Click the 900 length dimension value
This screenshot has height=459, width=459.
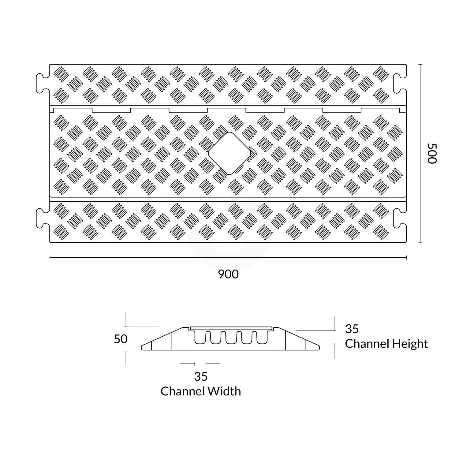228,274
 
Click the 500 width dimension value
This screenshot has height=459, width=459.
432,153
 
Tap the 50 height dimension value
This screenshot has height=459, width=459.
121,339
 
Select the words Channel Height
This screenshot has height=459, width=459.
386,344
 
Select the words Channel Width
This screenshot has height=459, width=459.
201,391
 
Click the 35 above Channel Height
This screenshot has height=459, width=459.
352,329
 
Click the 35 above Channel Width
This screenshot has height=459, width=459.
201,376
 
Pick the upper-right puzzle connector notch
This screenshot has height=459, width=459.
400,83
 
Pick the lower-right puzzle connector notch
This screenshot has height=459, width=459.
400,218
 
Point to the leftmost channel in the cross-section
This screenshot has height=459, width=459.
200,338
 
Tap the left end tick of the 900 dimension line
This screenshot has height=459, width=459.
50,258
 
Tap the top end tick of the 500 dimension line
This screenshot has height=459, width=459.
420,64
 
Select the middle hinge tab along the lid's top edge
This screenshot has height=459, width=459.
226,110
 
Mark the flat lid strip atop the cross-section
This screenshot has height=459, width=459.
231,328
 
